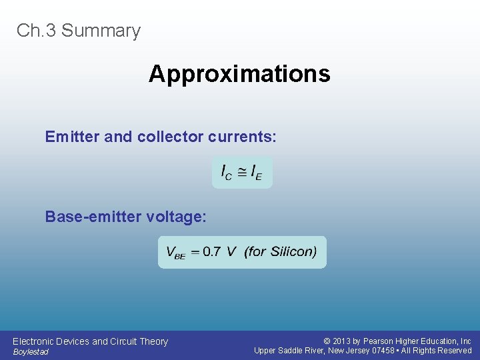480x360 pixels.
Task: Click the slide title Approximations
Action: coord(239,73)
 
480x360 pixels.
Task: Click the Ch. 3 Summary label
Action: coord(79,31)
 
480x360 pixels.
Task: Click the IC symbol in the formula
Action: coord(227,173)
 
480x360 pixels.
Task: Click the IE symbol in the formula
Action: coord(257,173)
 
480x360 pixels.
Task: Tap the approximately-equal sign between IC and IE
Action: coord(241,173)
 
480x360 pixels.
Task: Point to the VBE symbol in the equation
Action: coord(175,253)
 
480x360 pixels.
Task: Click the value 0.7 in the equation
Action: coord(211,252)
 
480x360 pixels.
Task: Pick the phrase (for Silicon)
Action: coord(281,252)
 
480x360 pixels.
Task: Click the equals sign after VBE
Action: coord(195,252)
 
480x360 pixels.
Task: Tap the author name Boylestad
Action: coord(31,352)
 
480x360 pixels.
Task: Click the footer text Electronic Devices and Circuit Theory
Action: coord(90,341)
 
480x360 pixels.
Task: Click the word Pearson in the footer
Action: coord(379,341)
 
